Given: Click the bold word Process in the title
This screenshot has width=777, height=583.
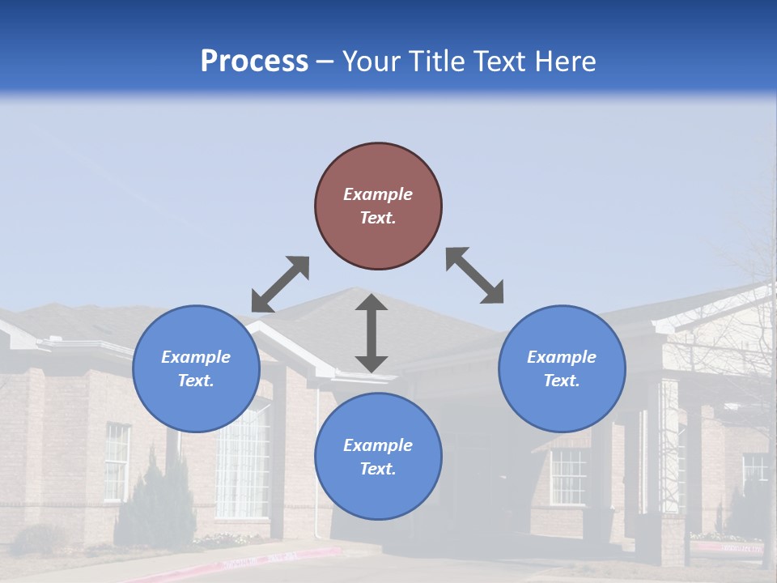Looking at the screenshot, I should [254, 62].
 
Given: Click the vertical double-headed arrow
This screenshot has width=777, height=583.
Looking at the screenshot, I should [372, 333].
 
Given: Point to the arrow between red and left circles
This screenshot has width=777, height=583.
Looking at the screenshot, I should [280, 284].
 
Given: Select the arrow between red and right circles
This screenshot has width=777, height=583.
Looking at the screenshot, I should [475, 275].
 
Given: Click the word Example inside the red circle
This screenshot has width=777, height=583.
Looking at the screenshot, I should [378, 194].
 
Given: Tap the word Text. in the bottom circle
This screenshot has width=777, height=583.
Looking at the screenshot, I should [378, 469].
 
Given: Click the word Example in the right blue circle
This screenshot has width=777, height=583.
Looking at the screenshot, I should [562, 357].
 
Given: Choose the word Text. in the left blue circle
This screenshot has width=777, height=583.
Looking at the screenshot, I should [196, 381].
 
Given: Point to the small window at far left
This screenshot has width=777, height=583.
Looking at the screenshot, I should [117, 462].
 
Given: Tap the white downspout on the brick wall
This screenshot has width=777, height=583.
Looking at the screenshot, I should [316, 470].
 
